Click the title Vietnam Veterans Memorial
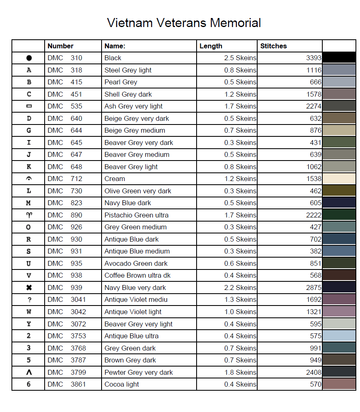point(184,23)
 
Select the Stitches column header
point(273,46)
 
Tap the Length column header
point(211,46)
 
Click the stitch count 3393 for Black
point(314,58)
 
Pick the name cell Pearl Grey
point(121,82)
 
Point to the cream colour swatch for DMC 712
point(339,179)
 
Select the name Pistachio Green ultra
point(136,215)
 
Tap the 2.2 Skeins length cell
point(240,287)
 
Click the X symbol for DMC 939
point(29,287)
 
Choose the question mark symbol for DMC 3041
point(29,300)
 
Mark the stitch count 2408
point(314,372)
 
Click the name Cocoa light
point(122,385)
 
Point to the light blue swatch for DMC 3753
point(339,336)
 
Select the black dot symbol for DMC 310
point(29,58)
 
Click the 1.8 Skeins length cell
point(240,372)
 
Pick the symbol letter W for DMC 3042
point(29,312)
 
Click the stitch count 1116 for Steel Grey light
point(314,70)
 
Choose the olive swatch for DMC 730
point(339,191)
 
